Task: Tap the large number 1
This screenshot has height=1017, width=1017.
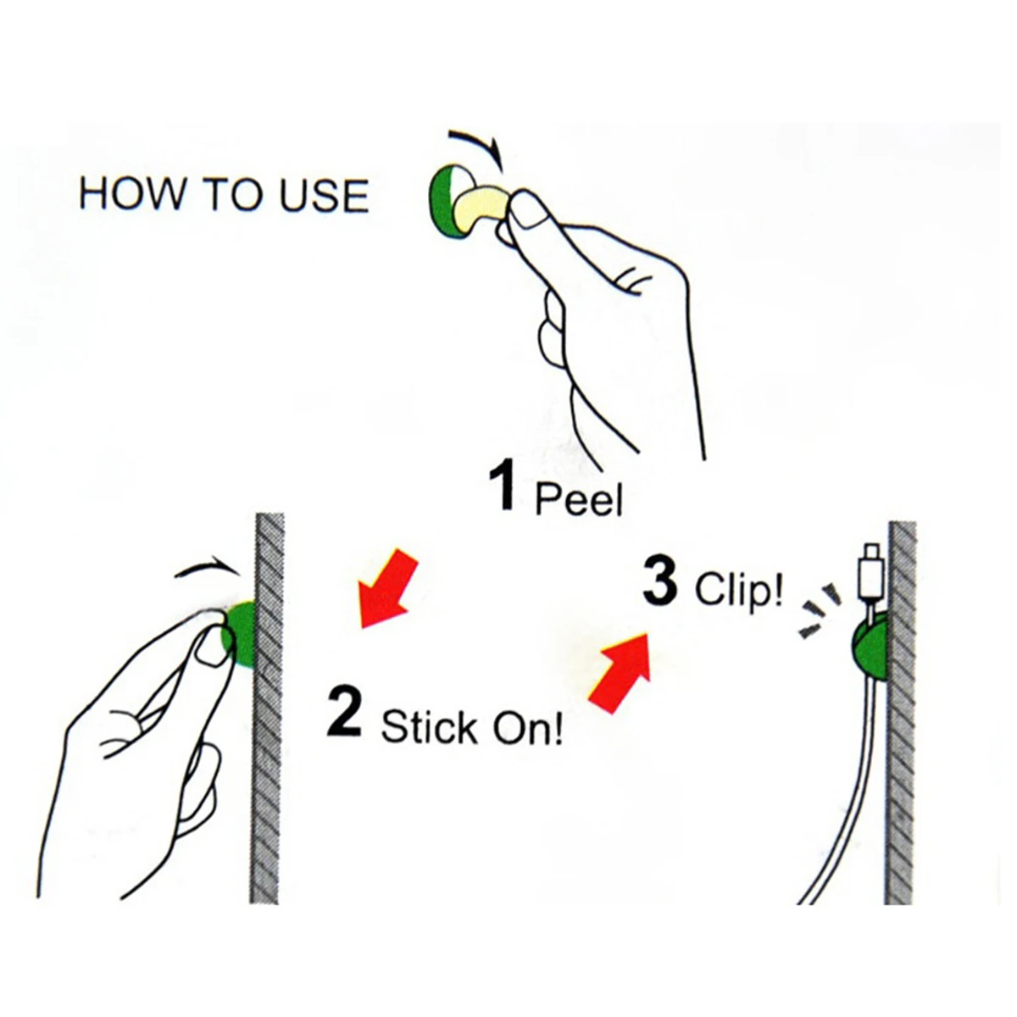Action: point(502,485)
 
